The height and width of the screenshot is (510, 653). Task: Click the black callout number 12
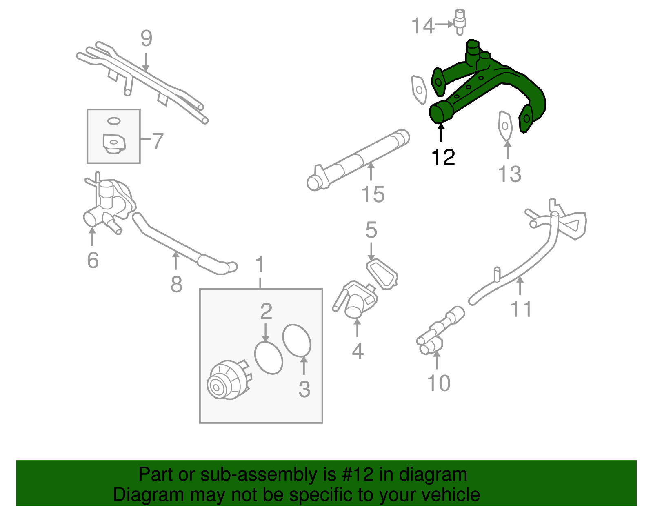pyautogui.click(x=443, y=157)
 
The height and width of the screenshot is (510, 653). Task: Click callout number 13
pyautogui.click(x=510, y=174)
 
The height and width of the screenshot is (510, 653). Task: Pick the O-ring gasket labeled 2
pyautogui.click(x=268, y=357)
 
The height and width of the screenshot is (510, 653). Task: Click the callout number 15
pyautogui.click(x=373, y=194)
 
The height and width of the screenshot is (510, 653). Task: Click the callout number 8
pyautogui.click(x=176, y=285)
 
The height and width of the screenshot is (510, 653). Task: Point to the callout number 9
pyautogui.click(x=146, y=38)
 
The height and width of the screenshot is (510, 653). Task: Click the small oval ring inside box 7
pyautogui.click(x=114, y=120)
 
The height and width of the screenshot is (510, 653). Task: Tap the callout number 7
pyautogui.click(x=158, y=141)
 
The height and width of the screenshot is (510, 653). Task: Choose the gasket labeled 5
pyautogui.click(x=382, y=274)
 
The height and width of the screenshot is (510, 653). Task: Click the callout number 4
pyautogui.click(x=358, y=351)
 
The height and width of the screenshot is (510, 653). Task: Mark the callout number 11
pyautogui.click(x=521, y=309)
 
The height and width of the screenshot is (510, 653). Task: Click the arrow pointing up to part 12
pyautogui.click(x=441, y=132)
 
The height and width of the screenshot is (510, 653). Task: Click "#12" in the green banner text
pyautogui.click(x=355, y=475)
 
